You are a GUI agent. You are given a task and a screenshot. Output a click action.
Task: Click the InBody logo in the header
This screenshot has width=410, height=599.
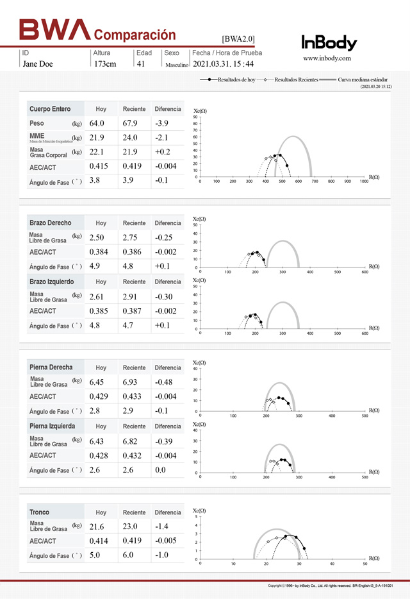329,43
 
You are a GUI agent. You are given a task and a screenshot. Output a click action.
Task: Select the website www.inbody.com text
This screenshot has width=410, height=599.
327,58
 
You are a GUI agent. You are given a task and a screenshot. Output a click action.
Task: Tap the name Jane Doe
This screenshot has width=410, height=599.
38,64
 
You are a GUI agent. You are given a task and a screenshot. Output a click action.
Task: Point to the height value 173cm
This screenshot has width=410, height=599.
105,64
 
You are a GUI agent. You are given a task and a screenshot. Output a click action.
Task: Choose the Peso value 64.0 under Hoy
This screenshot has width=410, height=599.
97,123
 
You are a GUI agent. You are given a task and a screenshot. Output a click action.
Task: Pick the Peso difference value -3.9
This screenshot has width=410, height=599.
162,123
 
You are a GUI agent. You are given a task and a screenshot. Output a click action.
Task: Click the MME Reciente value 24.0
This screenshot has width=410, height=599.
130,138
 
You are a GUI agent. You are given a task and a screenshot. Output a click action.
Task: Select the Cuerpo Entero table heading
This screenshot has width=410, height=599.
50,109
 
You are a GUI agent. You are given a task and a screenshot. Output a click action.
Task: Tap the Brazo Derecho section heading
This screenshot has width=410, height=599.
52,223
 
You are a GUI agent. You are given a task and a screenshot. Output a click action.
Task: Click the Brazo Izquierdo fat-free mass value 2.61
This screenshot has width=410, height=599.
96,297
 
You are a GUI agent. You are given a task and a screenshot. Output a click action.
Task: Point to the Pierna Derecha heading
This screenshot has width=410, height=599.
51,367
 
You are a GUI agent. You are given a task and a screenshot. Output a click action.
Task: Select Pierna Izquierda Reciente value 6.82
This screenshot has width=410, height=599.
130,441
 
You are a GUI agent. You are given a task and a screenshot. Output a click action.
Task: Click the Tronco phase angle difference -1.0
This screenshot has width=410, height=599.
163,555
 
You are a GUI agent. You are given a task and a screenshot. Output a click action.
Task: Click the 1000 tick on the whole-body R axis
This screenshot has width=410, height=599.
364,181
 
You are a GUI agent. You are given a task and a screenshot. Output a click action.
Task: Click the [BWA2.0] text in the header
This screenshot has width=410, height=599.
238,40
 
